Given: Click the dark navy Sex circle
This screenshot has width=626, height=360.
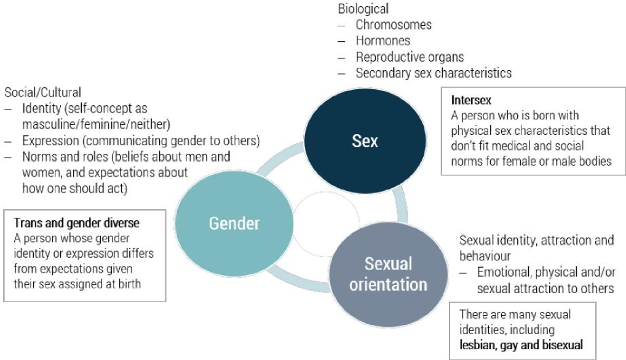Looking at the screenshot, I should click(365, 141).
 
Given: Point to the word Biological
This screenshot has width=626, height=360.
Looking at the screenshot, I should click(363, 9).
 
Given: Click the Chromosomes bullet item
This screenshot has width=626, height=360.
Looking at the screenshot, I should click(394, 25).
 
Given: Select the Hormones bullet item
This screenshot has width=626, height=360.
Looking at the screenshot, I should click(383, 41).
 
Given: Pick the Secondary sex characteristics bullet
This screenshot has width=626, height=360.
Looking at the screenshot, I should click(434, 73).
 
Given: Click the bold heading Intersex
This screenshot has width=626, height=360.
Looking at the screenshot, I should click(471, 100).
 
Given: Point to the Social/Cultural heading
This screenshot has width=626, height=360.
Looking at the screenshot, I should click(43, 93).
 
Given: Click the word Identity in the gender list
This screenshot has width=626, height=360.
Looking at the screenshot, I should click(41, 109).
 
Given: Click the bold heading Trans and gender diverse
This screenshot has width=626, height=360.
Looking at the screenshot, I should click(77, 223).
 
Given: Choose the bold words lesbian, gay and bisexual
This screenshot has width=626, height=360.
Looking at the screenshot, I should click(521, 345).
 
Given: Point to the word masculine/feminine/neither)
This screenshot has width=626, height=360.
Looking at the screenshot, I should click(95, 125).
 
